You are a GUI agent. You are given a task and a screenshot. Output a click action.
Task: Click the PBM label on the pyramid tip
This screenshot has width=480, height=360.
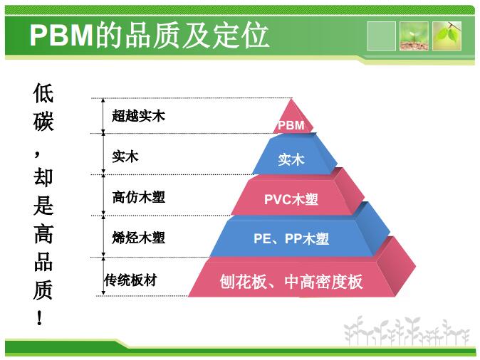[291, 125]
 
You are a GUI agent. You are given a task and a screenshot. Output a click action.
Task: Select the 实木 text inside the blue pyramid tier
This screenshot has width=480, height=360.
[291, 159]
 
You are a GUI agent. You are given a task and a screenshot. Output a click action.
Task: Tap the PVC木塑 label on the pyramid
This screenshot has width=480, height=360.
[291, 199]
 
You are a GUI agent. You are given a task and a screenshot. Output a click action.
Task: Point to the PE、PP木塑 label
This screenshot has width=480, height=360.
[291, 238]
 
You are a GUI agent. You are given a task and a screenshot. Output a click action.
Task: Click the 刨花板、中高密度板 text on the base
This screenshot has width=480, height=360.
[291, 282]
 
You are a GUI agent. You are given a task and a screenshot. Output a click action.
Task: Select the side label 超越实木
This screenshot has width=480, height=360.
[138, 116]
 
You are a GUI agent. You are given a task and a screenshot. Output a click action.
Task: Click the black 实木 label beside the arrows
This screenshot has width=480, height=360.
[125, 157]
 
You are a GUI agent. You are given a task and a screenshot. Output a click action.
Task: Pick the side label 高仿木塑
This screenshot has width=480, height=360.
[138, 197]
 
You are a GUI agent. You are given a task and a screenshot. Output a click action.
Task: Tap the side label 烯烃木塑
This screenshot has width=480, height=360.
[138, 238]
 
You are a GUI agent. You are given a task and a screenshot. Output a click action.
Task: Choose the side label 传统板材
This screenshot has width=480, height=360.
[131, 280]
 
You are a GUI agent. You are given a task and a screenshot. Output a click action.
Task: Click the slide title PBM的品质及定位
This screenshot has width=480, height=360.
[149, 36]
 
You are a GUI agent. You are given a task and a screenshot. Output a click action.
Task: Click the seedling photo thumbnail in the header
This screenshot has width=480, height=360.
[414, 36]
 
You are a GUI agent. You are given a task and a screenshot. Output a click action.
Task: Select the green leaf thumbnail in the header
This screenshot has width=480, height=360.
[447, 36]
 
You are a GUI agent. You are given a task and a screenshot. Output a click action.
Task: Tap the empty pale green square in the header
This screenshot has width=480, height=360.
[381, 36]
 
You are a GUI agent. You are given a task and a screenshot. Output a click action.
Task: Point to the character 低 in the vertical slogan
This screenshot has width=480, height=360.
[43, 93]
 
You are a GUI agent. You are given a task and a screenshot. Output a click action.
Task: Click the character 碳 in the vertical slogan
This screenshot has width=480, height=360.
[43, 121]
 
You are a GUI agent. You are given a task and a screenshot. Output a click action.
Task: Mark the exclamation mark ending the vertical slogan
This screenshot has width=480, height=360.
[39, 317]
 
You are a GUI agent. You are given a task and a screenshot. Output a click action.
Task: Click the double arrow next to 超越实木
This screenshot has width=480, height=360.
[103, 116]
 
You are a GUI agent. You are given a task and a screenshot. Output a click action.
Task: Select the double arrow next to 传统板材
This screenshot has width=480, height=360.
[103, 276]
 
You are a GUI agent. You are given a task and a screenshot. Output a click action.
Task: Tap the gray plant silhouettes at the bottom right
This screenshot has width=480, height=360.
[407, 331]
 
